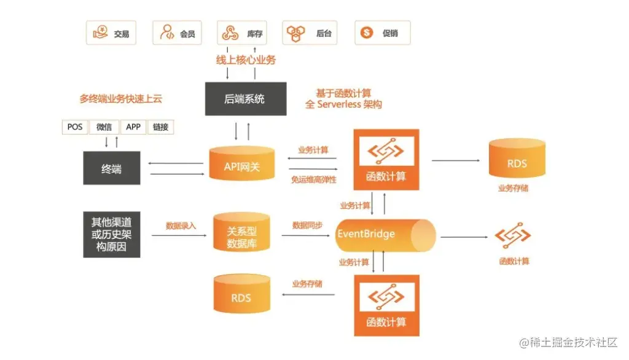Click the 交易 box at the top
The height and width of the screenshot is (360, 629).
point(111,33)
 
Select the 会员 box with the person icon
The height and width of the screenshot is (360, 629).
point(178,33)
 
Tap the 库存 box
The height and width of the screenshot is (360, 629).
point(242,33)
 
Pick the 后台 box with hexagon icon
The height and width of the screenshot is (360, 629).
point(310,33)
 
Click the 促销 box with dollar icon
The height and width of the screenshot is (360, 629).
point(382,33)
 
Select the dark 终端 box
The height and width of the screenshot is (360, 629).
point(111,168)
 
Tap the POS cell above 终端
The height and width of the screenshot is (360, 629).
point(76,127)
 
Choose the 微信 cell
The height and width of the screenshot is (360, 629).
point(104,127)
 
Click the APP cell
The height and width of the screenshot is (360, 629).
point(133,127)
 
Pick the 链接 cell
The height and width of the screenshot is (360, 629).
point(161,127)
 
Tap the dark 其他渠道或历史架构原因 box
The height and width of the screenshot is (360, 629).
point(111,235)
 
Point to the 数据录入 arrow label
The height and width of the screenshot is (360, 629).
point(181,226)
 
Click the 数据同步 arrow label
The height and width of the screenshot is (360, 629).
point(308,225)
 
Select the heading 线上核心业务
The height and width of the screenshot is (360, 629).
point(245,60)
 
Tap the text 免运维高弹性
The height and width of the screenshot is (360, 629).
point(314,180)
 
